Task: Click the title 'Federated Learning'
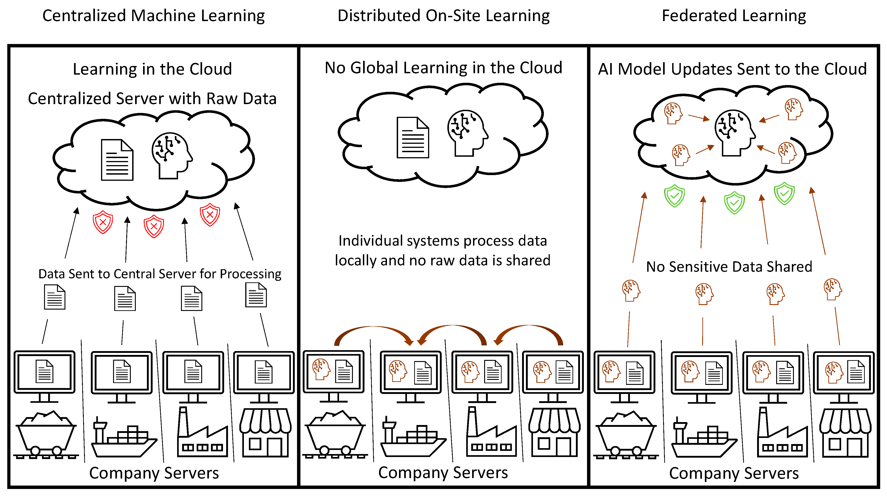(x=733, y=16)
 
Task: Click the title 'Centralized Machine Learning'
(x=154, y=16)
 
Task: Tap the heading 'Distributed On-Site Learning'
(x=443, y=16)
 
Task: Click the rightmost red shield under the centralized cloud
(x=210, y=215)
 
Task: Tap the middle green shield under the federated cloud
(x=734, y=203)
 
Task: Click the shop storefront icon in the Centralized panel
(x=265, y=433)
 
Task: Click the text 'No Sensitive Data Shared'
(x=729, y=267)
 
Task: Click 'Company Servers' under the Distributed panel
(x=443, y=473)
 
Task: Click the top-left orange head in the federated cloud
(x=672, y=113)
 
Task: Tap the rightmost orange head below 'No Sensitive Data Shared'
(x=832, y=289)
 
